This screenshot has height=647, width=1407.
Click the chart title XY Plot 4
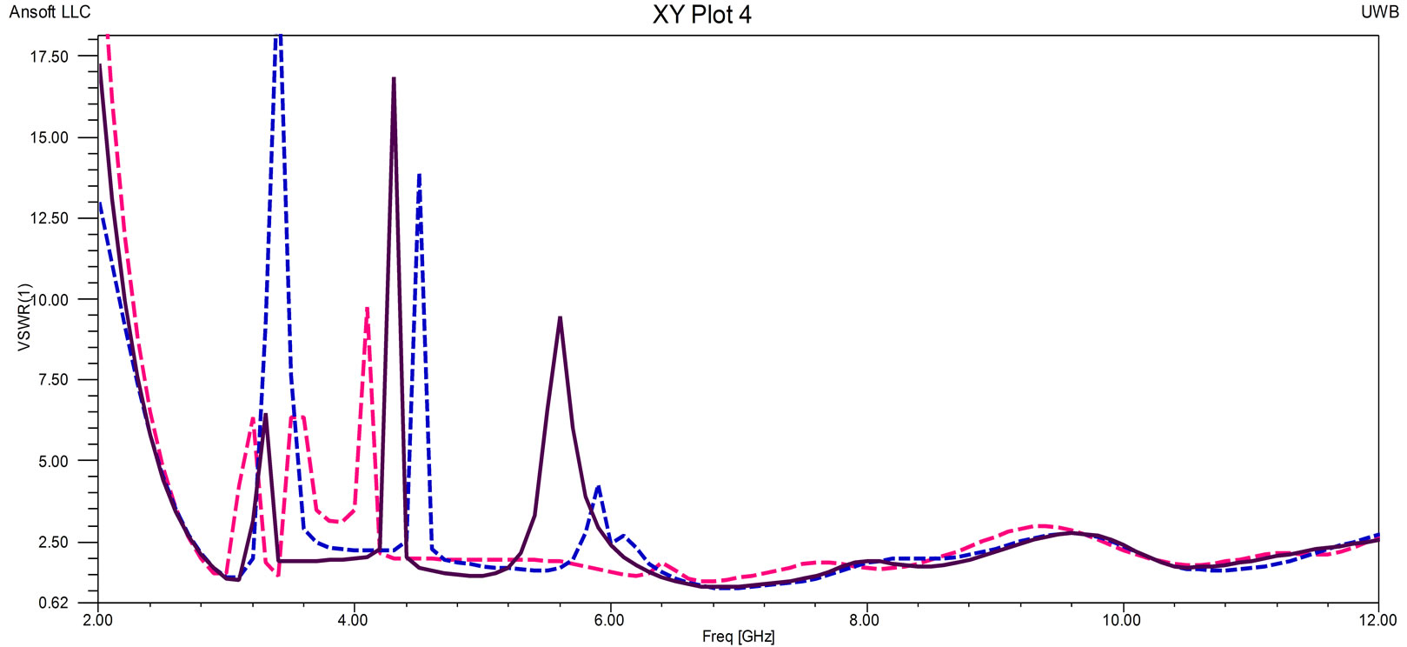(701, 15)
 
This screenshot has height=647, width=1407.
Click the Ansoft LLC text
(50, 12)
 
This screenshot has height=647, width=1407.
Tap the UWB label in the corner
(1379, 12)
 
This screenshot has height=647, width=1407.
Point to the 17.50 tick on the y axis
(50, 57)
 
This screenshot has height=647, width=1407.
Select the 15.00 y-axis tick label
(50, 137)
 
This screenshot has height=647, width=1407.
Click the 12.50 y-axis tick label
(50, 218)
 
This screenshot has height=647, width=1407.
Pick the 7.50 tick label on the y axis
(53, 380)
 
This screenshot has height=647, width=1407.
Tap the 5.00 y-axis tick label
(53, 461)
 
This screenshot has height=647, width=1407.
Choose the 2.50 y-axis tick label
(53, 542)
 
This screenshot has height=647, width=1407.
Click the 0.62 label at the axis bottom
(53, 603)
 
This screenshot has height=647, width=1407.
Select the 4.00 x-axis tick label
(354, 620)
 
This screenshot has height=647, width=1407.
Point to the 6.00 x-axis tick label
(609, 620)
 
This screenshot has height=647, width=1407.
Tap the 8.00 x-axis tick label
(866, 620)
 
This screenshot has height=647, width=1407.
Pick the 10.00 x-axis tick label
(1121, 620)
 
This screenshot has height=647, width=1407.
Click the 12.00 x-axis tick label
(1377, 620)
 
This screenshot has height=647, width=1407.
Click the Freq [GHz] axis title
(738, 637)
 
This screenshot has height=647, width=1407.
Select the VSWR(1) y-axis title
(24, 317)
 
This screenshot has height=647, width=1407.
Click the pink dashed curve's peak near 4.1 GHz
(367, 309)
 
